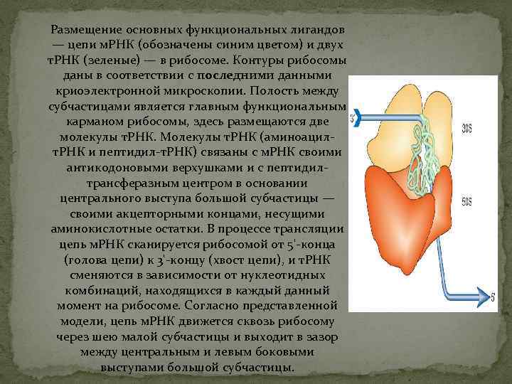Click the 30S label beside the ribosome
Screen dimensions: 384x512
467,129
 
